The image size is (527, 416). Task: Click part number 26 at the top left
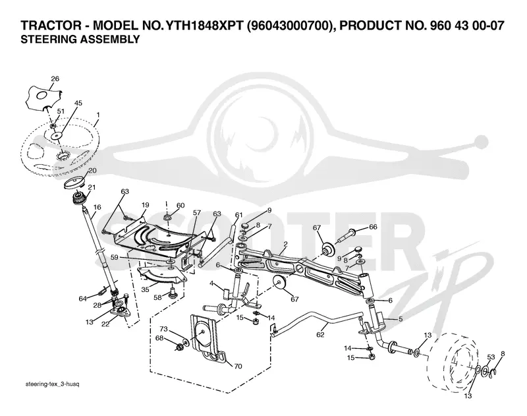pos(55,78)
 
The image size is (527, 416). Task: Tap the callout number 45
pos(78,103)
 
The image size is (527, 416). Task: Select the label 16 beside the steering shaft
pos(97,207)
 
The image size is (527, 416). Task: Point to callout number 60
pos(180,206)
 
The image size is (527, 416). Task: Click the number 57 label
pos(197,212)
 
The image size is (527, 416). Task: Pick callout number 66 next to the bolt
pos(374,227)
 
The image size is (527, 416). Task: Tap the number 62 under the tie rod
pos(320,335)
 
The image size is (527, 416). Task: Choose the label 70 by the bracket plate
pos(238,367)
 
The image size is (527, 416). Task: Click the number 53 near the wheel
pos(491,357)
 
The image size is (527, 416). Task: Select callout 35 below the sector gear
pos(145,289)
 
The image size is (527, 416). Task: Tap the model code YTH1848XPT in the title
pos(204,26)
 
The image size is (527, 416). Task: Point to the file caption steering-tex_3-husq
pos(53,384)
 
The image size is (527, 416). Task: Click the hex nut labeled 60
pos(168,218)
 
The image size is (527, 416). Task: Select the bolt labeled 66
pos(345,235)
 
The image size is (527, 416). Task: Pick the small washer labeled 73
pos(186,343)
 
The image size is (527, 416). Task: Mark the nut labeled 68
pos(179,346)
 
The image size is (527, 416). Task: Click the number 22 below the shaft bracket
pos(105,324)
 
